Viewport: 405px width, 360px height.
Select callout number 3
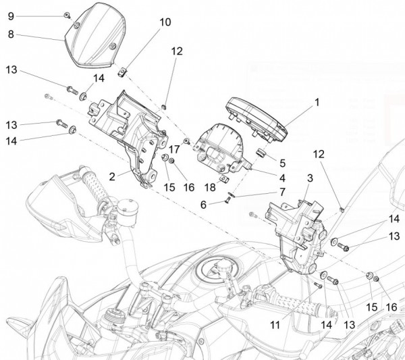click(x=309, y=178)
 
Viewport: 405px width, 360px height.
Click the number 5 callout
click(x=281, y=162)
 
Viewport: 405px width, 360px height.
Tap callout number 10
click(x=165, y=22)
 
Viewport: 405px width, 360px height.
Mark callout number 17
click(x=173, y=149)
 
